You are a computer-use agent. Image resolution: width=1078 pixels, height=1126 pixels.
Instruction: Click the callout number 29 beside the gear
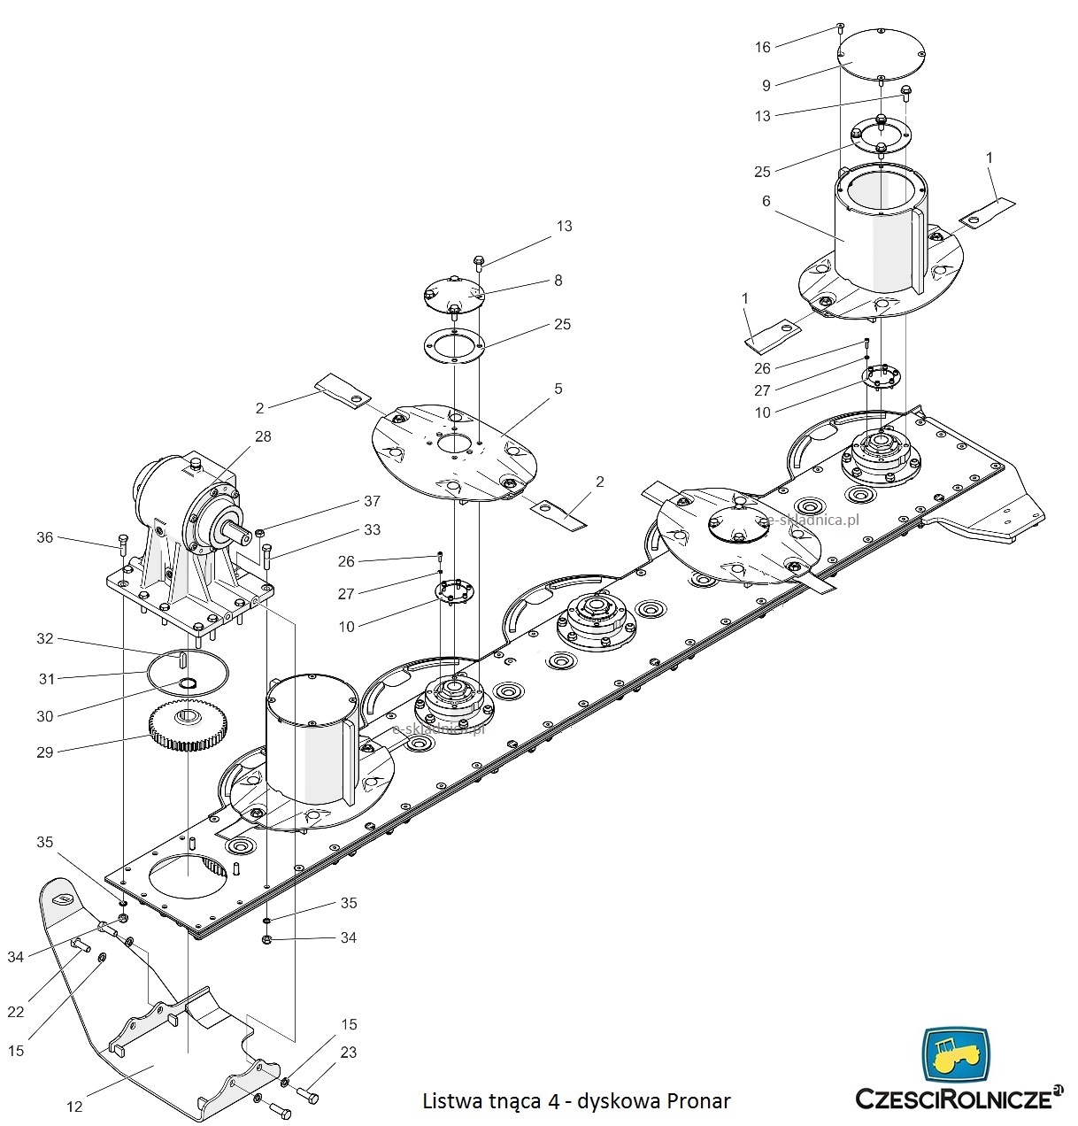point(44,752)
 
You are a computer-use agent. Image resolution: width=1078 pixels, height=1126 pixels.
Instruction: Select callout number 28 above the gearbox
point(263,436)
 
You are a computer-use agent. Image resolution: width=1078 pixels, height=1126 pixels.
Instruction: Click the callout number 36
point(45,537)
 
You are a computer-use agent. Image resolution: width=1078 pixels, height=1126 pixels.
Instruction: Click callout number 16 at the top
point(763,47)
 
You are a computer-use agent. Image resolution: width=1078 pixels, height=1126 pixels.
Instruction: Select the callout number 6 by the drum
point(766,201)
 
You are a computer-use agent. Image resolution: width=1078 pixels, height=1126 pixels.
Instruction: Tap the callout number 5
point(558,389)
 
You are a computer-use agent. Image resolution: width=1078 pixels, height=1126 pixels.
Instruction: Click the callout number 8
point(558,281)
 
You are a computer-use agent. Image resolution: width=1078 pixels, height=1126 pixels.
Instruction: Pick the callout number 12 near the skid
point(74,1106)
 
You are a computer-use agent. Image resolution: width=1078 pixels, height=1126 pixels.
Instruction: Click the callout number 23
point(349,1053)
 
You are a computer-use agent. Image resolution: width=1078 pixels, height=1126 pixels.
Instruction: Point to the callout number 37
point(372,501)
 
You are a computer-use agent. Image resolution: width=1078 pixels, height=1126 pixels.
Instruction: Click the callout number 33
point(372,529)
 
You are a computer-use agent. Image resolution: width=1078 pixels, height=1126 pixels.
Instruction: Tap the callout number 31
point(46,679)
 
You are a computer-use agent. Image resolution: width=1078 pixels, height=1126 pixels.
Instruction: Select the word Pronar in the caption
point(698,1101)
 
